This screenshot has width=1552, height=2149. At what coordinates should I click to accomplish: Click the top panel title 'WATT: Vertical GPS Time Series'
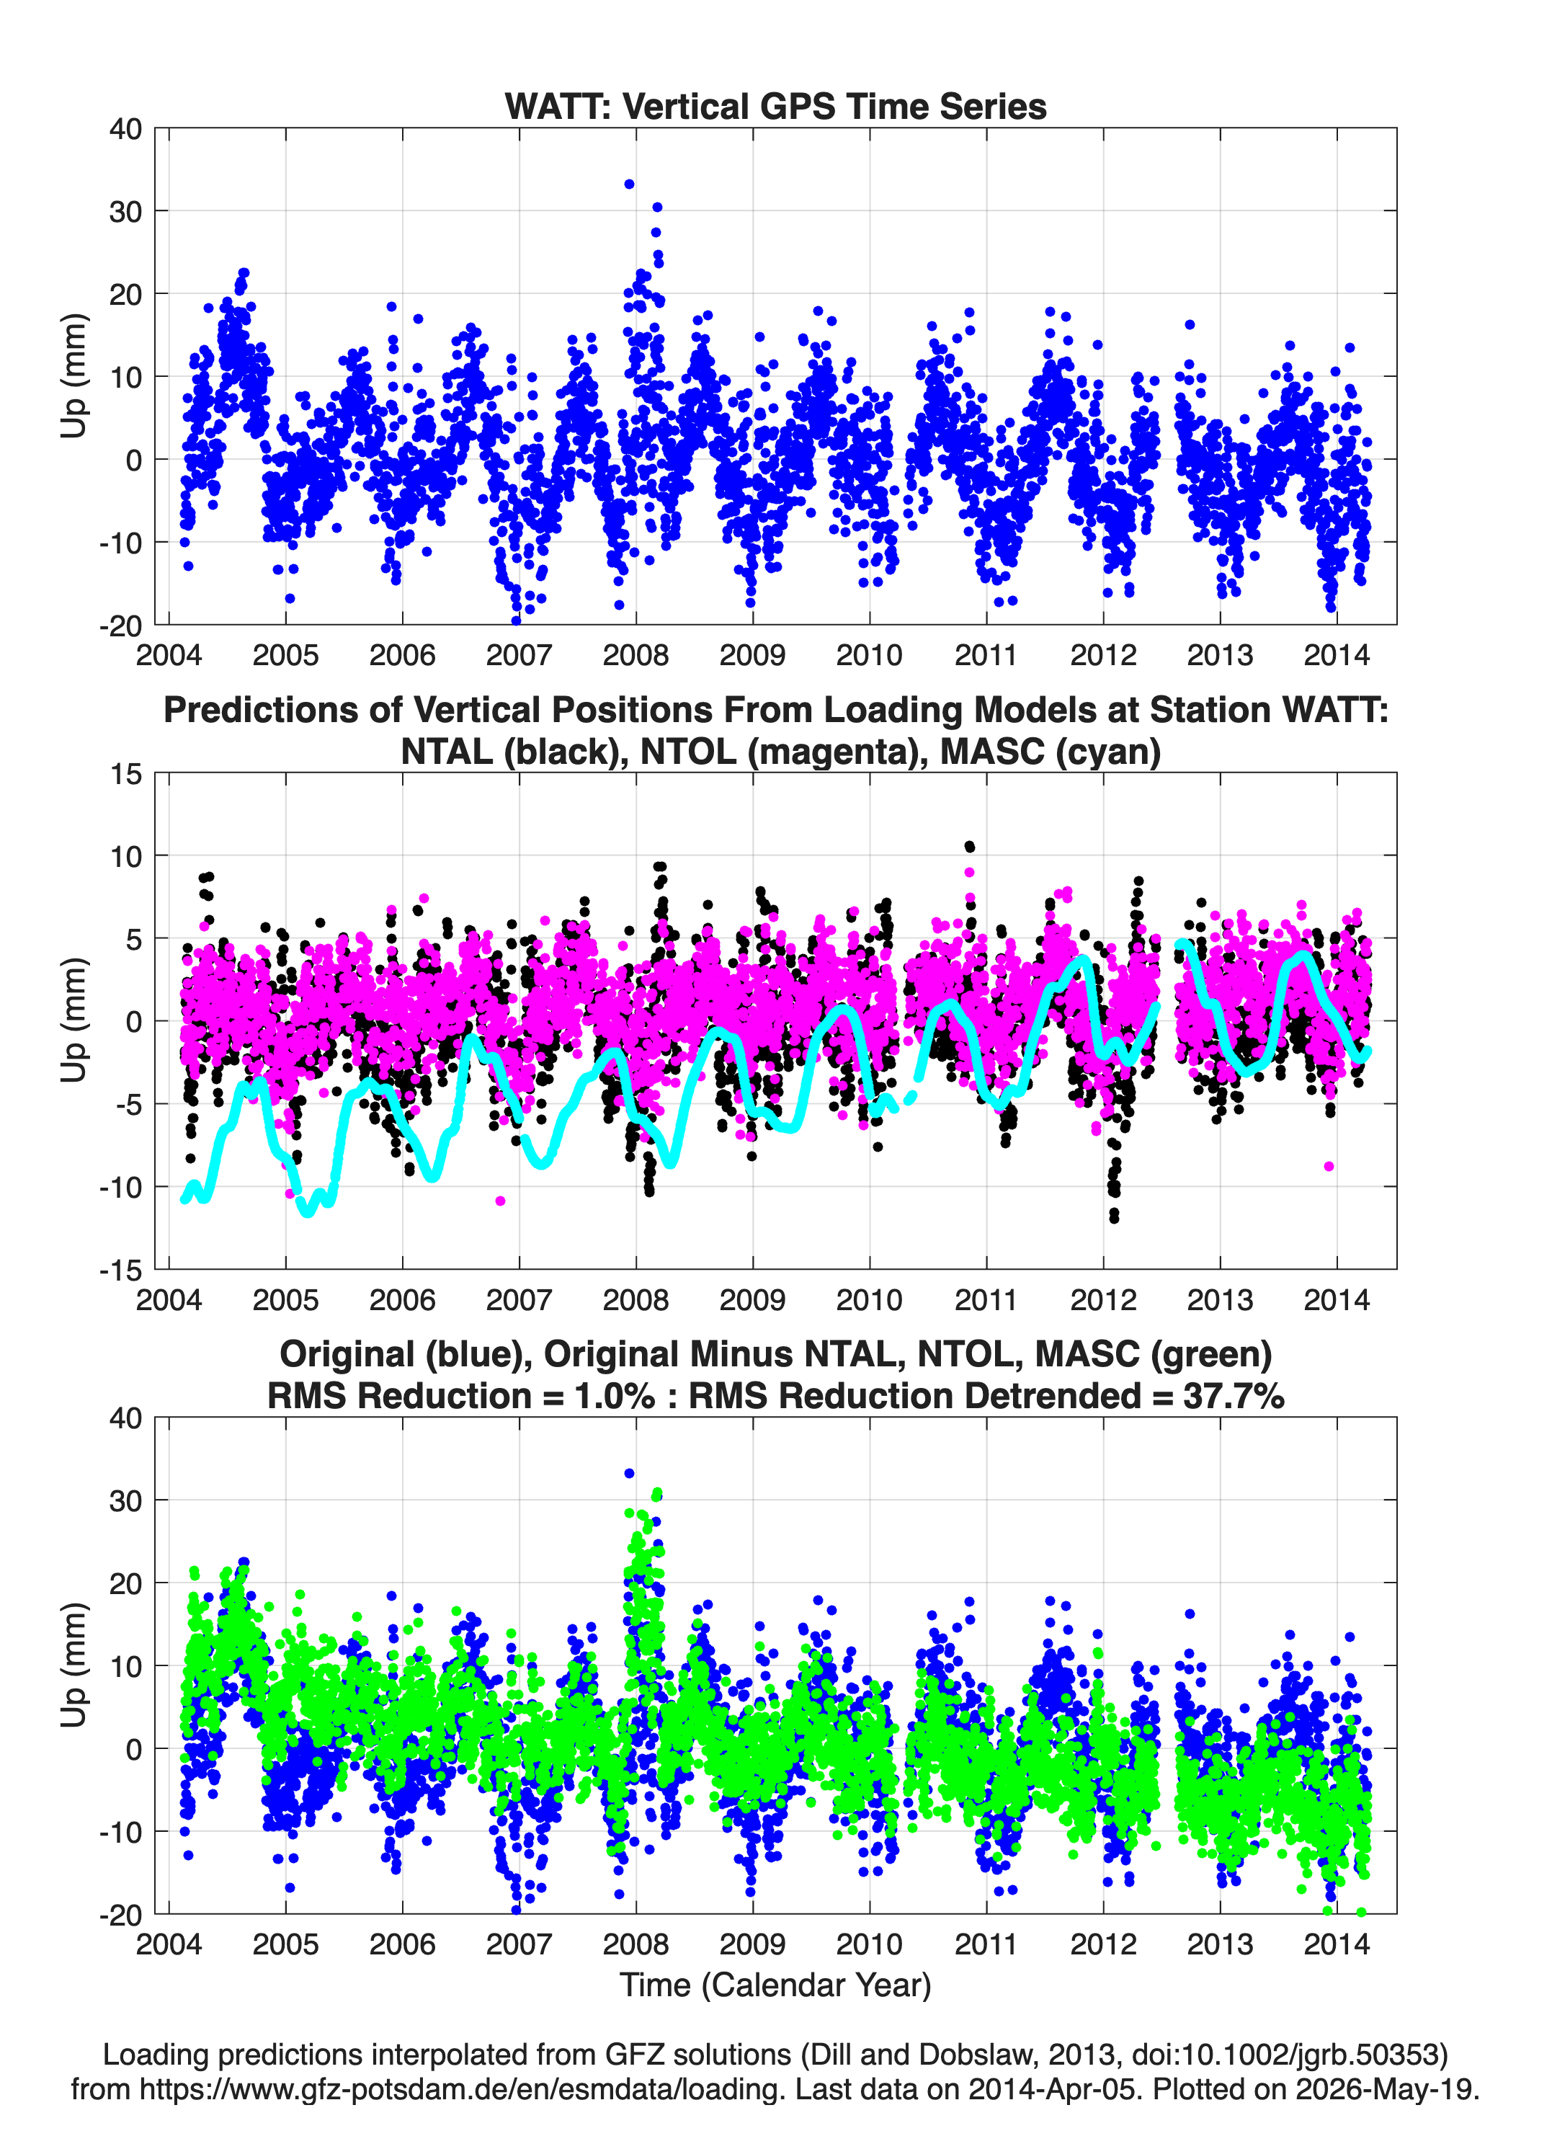(775, 106)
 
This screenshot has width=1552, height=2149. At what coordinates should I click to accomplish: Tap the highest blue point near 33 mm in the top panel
(629, 184)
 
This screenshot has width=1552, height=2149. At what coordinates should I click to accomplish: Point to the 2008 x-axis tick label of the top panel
(635, 655)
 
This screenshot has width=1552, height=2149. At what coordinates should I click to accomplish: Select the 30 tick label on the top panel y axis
(125, 211)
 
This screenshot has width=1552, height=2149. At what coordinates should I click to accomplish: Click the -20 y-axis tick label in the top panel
(120, 626)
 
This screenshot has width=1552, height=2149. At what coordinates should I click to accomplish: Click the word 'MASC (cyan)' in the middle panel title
(1050, 752)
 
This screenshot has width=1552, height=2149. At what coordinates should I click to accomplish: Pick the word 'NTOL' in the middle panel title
(689, 752)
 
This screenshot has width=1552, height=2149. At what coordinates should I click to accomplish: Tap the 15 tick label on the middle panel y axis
(126, 774)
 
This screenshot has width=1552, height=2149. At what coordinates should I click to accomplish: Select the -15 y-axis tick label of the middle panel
(120, 1270)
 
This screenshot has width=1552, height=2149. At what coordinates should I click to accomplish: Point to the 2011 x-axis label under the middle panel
(986, 1299)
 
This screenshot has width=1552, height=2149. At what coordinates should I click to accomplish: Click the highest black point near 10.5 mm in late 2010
(968, 846)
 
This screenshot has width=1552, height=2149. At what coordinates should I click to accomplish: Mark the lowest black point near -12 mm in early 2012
(1113, 1219)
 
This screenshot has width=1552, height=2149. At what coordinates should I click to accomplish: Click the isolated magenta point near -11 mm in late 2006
(500, 1201)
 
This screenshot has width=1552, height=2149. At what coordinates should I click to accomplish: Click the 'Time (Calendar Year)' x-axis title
(775, 1985)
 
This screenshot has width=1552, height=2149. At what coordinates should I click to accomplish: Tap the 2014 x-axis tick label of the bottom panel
(1336, 1944)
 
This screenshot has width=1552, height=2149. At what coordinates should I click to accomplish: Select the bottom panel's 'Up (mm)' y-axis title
(74, 1665)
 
